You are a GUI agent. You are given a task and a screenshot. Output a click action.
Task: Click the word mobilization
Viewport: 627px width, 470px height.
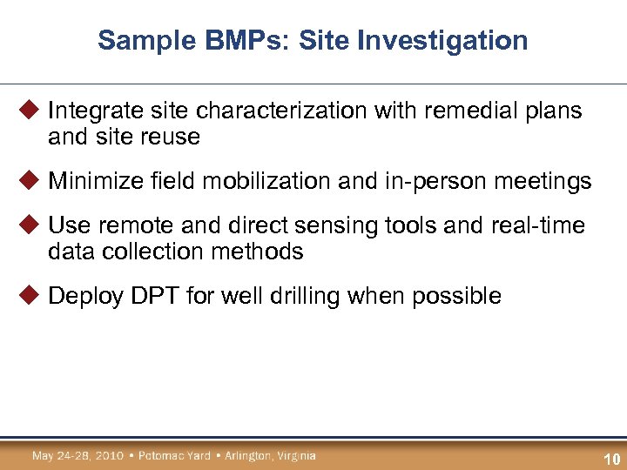pyautogui.click(x=226, y=181)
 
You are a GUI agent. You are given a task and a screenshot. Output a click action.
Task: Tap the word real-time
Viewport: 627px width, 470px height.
pyautogui.click(x=539, y=225)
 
